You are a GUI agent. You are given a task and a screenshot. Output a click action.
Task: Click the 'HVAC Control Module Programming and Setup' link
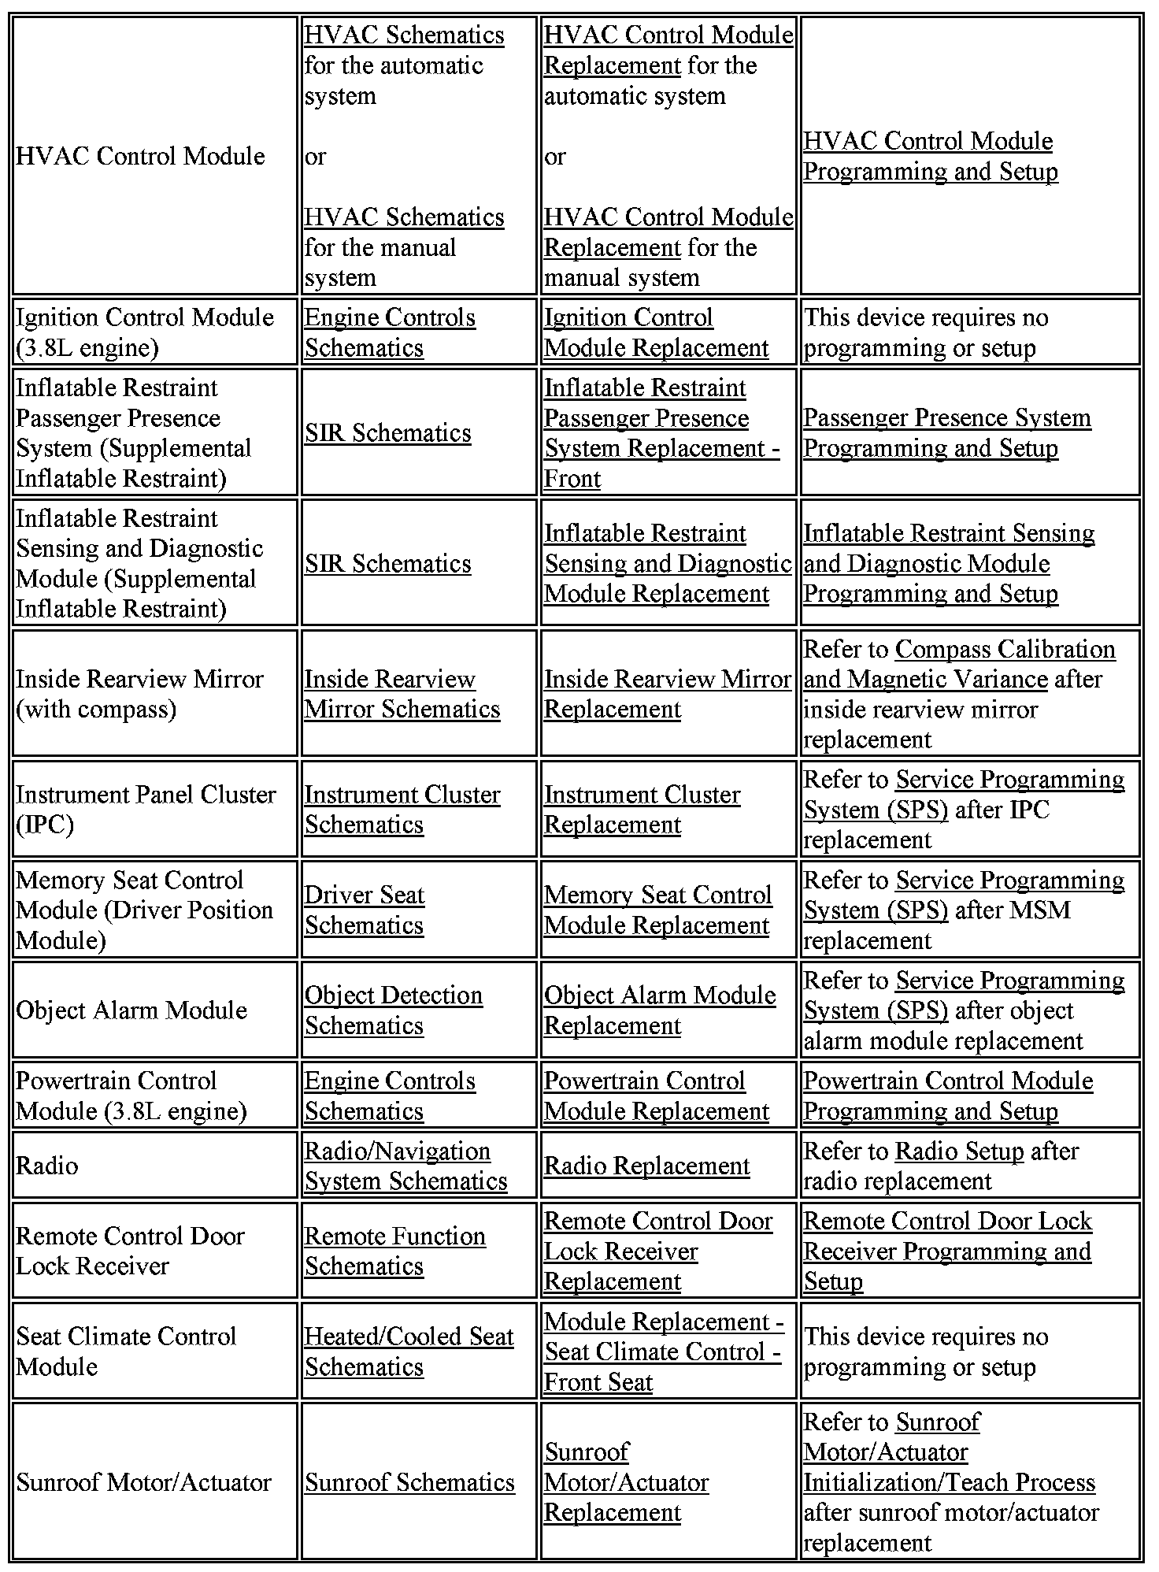929,156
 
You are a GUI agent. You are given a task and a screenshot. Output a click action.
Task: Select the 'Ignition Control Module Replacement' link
656,332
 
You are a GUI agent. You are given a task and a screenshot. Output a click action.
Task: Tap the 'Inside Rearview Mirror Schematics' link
402,694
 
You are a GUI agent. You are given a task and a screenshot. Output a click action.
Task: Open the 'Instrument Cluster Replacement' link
642,810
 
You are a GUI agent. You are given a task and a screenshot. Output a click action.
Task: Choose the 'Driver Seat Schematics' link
364,910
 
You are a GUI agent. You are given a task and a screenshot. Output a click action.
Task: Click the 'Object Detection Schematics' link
393,1010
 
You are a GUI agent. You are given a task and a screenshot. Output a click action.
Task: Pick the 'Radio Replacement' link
646,1166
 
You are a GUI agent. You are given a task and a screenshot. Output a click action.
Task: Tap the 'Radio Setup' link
959,1151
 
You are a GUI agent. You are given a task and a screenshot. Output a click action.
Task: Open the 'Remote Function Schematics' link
394,1251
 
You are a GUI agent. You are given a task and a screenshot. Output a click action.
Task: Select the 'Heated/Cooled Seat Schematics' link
409,1351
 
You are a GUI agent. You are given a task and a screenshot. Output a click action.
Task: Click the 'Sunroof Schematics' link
409,1482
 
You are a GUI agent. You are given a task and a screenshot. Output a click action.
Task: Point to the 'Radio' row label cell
47,1166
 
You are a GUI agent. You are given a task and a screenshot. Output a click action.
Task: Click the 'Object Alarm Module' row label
131,1010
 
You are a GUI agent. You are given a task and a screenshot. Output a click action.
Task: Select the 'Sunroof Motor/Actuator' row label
143,1482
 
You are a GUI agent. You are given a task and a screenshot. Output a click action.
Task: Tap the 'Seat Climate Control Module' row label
126,1351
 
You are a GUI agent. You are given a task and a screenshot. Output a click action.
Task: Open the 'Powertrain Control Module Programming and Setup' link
947,1096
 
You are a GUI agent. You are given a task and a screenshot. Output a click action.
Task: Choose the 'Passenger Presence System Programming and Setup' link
946,432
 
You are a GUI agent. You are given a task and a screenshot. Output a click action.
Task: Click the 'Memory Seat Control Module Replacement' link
657,910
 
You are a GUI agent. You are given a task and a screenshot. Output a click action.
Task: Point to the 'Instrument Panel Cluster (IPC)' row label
146,810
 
